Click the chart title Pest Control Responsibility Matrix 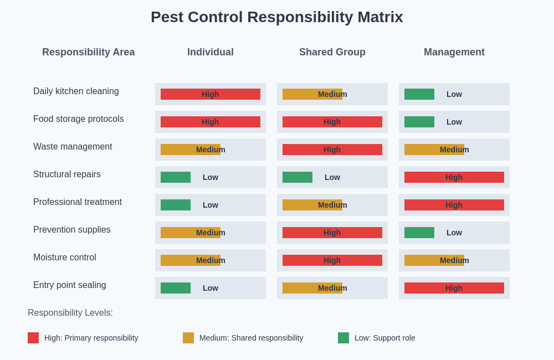(276, 17)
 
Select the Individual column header (210, 52)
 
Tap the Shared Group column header (332, 52)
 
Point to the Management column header (454, 52)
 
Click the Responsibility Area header (88, 52)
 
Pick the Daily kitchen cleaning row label (76, 91)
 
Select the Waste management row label (73, 147)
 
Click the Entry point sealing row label (69, 285)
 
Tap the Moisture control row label (65, 258)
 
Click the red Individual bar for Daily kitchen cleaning (210, 94)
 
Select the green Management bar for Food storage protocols (419, 122)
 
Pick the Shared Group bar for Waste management (332, 150)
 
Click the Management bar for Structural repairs (454, 177)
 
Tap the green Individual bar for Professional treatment (176, 205)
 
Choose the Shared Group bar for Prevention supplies (332, 233)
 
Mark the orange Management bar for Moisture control (434, 260)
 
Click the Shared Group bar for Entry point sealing (312, 288)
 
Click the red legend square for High (33, 338)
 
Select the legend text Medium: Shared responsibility (251, 338)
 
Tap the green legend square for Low (343, 338)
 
